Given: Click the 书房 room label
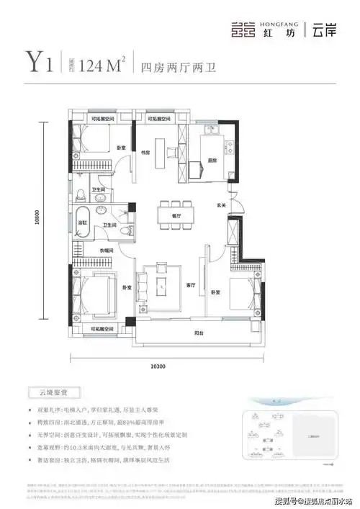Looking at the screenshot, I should click(x=145, y=153).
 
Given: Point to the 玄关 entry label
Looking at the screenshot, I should click(x=223, y=207).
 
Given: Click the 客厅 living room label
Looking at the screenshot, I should click(x=191, y=285).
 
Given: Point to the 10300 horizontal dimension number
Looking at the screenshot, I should click(x=159, y=368).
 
